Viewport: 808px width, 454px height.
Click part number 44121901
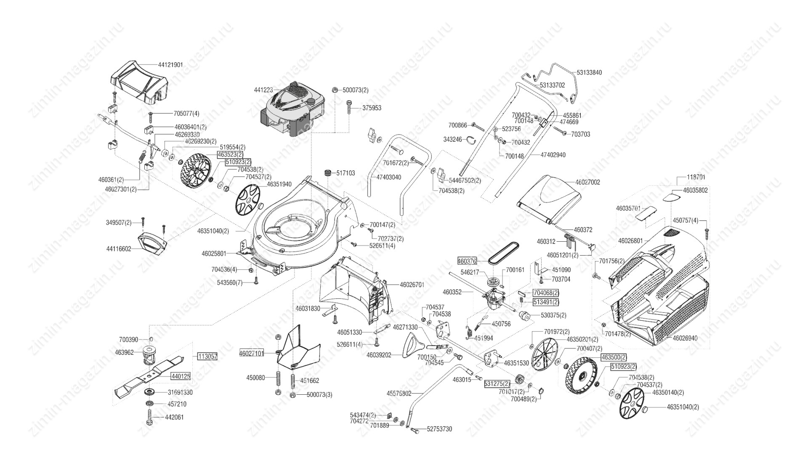point(170,65)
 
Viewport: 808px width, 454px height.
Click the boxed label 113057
point(207,356)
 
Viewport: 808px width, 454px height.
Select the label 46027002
point(587,182)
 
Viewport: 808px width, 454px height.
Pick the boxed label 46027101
point(251,354)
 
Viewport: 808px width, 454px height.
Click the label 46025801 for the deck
point(214,253)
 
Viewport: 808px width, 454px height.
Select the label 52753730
point(439,429)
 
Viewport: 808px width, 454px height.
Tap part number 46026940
point(685,338)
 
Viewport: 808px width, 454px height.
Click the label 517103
point(346,173)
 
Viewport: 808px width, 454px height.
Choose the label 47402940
point(553,155)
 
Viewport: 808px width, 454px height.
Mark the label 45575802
point(399,394)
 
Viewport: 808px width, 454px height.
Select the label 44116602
point(119,249)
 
